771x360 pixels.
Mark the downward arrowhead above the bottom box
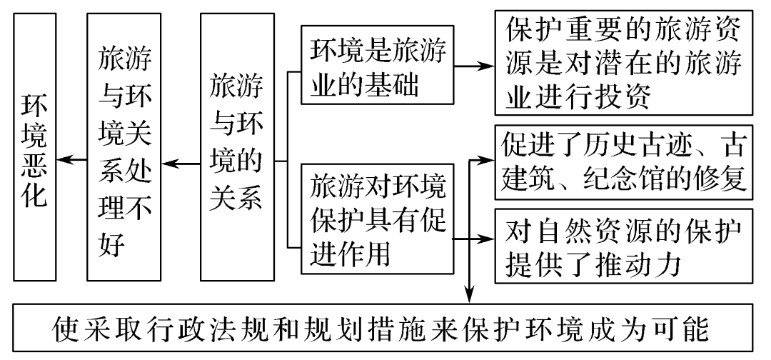point(470,294)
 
